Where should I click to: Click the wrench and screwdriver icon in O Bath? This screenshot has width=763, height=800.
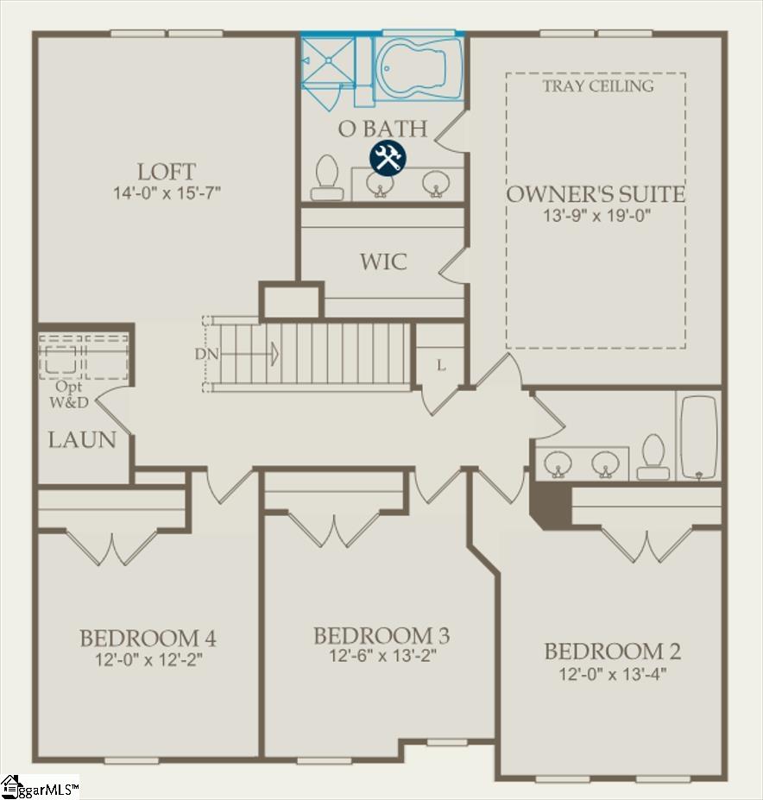(x=388, y=158)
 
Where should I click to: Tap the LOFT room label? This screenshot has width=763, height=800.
(x=166, y=172)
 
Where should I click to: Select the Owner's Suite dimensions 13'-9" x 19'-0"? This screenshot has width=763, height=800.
(x=596, y=216)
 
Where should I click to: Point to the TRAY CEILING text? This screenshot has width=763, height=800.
(x=598, y=85)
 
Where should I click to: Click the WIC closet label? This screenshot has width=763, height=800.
(x=383, y=261)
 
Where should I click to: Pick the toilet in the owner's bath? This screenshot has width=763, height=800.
(x=326, y=178)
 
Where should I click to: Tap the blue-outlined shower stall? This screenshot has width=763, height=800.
(x=328, y=61)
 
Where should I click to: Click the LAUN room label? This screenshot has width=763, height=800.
(x=82, y=440)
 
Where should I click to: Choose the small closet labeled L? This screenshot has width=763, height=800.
(x=441, y=366)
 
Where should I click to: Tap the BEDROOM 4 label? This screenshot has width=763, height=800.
(x=148, y=639)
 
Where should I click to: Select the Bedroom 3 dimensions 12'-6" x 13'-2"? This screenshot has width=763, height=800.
(x=381, y=656)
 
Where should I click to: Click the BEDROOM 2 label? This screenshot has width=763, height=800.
(x=612, y=651)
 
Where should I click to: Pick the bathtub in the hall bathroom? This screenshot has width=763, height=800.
(x=698, y=437)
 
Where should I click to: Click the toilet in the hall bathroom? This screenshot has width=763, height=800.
(x=653, y=457)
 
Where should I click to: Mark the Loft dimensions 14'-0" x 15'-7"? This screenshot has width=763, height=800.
(x=167, y=193)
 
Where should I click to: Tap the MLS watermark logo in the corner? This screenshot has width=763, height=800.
(x=40, y=787)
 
